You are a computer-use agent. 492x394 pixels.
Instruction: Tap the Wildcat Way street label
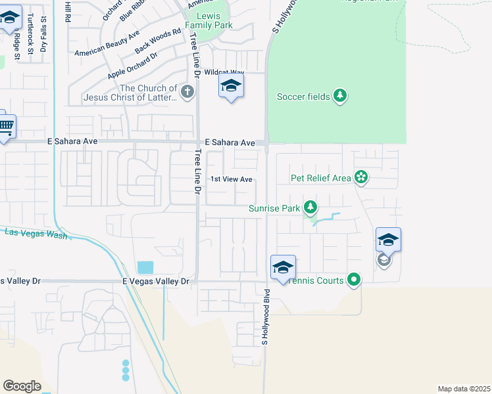(x=224, y=72)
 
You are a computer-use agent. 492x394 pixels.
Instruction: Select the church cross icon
(x=188, y=92)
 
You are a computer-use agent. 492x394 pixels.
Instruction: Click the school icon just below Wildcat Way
(x=231, y=86)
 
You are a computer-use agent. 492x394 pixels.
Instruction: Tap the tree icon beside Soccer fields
(x=340, y=97)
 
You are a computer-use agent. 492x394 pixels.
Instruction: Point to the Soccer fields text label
(x=303, y=97)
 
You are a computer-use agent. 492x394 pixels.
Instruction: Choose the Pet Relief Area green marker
(x=360, y=177)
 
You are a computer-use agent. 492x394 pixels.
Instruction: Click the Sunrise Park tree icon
(x=311, y=209)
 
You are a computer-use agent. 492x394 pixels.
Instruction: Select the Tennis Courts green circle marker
(x=354, y=280)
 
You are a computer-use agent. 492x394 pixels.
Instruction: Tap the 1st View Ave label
(x=232, y=179)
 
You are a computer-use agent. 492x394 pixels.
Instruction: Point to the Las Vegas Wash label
(x=36, y=233)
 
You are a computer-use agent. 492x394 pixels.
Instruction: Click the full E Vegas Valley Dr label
(x=156, y=281)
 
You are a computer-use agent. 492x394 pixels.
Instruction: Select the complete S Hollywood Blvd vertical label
(x=266, y=317)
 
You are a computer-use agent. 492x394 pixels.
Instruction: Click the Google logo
(x=22, y=386)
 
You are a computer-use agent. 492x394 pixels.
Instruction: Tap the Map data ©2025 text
(x=464, y=389)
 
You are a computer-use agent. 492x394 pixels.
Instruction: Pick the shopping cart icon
(x=5, y=125)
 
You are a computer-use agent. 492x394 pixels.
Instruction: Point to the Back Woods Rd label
(x=158, y=41)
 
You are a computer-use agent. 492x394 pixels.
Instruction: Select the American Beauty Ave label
(x=107, y=44)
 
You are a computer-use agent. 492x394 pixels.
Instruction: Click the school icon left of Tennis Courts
(x=283, y=268)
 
